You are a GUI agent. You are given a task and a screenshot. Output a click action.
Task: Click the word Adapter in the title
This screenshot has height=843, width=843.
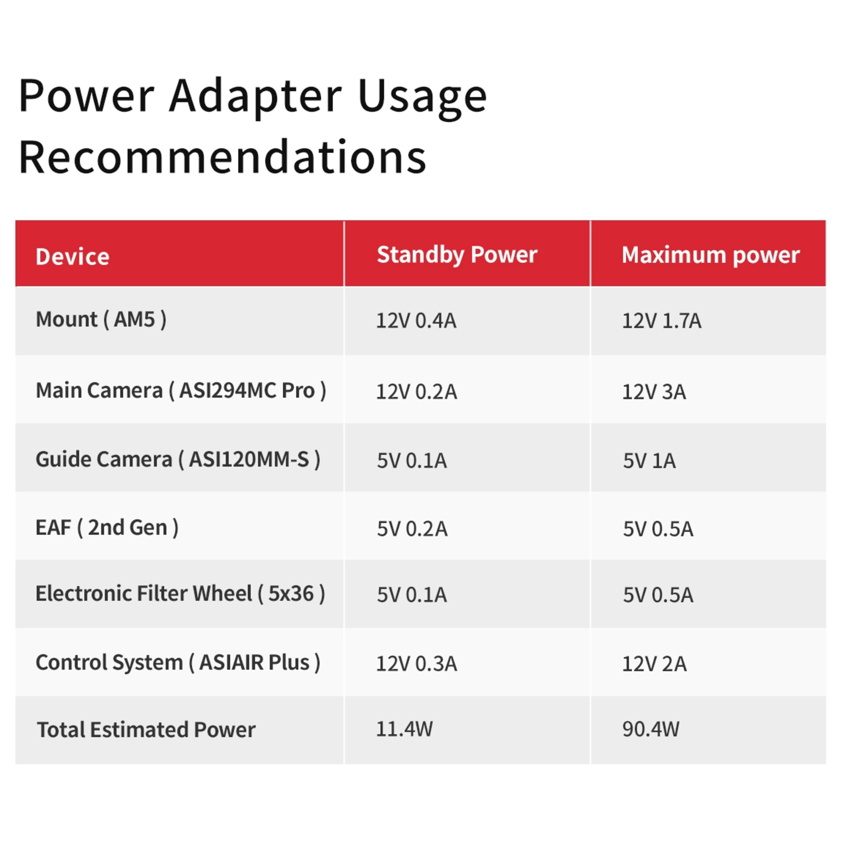[x=255, y=96]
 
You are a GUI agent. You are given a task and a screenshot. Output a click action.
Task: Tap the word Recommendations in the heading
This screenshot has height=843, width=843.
[x=222, y=157]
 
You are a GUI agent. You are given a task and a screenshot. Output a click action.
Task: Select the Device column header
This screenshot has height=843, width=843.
[x=72, y=256]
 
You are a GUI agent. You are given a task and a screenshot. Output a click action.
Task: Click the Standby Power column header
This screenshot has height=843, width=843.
[x=457, y=255]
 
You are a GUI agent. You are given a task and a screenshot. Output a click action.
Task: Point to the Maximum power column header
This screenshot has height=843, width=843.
[x=710, y=255]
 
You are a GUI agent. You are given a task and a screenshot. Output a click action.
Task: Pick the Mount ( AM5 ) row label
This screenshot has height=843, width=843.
[x=101, y=319]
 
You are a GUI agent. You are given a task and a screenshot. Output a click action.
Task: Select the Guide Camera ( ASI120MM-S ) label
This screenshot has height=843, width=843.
[x=178, y=459]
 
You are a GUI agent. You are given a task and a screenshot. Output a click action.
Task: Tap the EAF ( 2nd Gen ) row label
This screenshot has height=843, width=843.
[x=107, y=528]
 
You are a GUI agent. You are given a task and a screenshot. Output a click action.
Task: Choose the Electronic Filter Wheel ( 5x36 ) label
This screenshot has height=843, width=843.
[x=180, y=594]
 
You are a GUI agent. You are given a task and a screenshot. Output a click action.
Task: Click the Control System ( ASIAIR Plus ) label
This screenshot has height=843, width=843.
[x=178, y=662]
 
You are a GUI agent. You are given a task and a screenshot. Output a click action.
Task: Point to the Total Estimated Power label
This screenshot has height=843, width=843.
[x=146, y=730]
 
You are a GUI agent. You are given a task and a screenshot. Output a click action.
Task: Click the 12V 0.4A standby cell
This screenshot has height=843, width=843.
[x=416, y=321]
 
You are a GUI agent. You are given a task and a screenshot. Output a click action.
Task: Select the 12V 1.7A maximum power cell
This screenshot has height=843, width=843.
[x=661, y=321]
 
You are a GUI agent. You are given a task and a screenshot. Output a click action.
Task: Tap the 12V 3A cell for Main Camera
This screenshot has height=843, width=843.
[x=654, y=392]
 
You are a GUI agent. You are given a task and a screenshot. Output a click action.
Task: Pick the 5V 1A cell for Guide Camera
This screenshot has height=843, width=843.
[x=649, y=461]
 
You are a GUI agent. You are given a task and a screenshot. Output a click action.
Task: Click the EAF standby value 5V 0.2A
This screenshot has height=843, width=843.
[x=412, y=529]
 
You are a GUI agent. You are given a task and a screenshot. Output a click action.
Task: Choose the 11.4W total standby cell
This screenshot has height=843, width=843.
[x=404, y=729]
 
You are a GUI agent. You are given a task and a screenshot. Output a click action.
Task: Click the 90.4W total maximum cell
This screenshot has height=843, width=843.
[x=650, y=729]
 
